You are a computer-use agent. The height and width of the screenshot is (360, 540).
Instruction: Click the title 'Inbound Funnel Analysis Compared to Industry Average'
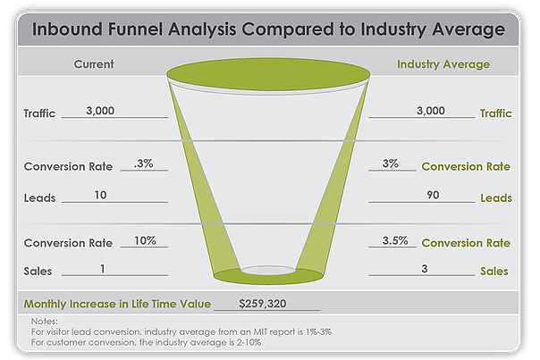tap(268, 29)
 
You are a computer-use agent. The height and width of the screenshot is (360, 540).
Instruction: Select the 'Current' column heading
tap(93, 64)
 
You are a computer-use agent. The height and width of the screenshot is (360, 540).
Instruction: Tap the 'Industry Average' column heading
tap(443, 64)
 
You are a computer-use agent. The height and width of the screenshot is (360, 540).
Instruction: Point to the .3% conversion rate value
tap(142, 163)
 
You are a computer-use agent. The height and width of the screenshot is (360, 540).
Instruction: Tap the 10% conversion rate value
tap(146, 240)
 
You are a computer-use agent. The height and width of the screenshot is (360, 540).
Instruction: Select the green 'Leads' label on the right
tap(497, 197)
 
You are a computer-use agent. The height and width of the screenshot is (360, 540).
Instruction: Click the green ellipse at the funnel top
tap(269, 70)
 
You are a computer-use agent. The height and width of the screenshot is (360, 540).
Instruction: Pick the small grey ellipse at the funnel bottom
tap(268, 270)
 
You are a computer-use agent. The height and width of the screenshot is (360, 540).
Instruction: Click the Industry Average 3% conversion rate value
tap(390, 163)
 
